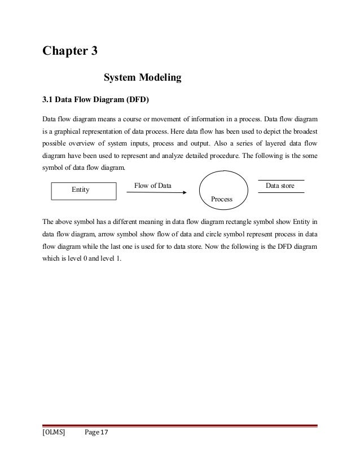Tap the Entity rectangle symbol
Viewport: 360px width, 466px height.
click(x=80, y=191)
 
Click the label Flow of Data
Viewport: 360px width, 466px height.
click(x=153, y=185)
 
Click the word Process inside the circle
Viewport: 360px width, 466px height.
click(x=222, y=199)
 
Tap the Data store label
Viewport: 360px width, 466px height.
click(x=280, y=185)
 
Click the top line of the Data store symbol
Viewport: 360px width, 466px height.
click(x=281, y=180)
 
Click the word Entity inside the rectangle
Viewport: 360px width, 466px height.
click(x=81, y=190)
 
